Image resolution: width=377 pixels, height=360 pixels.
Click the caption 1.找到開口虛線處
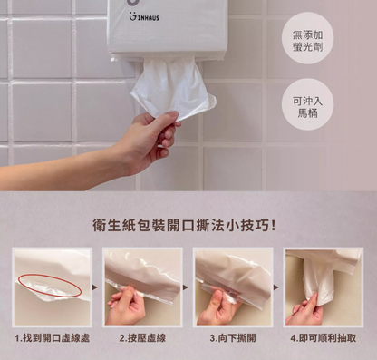[52, 339]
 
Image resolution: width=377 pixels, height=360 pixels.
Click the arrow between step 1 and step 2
[97, 287]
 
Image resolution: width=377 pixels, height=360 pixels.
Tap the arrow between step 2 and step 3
[187, 287]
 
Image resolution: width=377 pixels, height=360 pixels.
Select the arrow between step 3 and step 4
[277, 287]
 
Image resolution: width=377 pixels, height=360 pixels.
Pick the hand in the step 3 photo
[220, 308]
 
